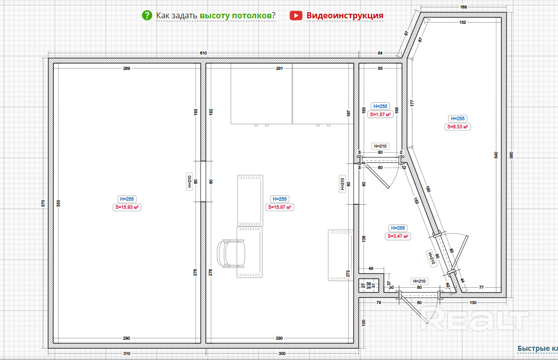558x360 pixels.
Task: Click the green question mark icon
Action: [x=147, y=15]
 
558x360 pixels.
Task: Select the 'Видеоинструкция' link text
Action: [x=345, y=15]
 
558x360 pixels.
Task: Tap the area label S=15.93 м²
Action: [x=127, y=207]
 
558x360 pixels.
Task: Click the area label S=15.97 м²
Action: [x=280, y=207]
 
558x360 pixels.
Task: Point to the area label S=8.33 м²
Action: [x=457, y=127]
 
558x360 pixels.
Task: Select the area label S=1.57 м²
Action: [x=380, y=115]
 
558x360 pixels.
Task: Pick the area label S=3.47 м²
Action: [x=398, y=236]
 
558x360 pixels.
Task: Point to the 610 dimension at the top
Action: [x=204, y=53]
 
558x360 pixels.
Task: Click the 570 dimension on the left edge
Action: [x=43, y=203]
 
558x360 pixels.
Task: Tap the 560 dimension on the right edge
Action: [x=512, y=155]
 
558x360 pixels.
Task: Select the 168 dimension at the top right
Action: [x=463, y=7]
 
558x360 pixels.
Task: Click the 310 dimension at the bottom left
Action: [x=127, y=353]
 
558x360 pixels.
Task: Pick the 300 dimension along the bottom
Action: [x=282, y=353]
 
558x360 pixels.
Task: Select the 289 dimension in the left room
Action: [x=126, y=68]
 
